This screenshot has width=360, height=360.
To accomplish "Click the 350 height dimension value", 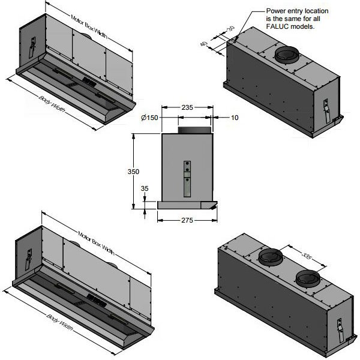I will pyautogui.click(x=134, y=172).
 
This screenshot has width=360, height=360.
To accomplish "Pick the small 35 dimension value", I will pyautogui.click(x=144, y=188).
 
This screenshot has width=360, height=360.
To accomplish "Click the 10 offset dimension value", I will pyautogui.click(x=234, y=118).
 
